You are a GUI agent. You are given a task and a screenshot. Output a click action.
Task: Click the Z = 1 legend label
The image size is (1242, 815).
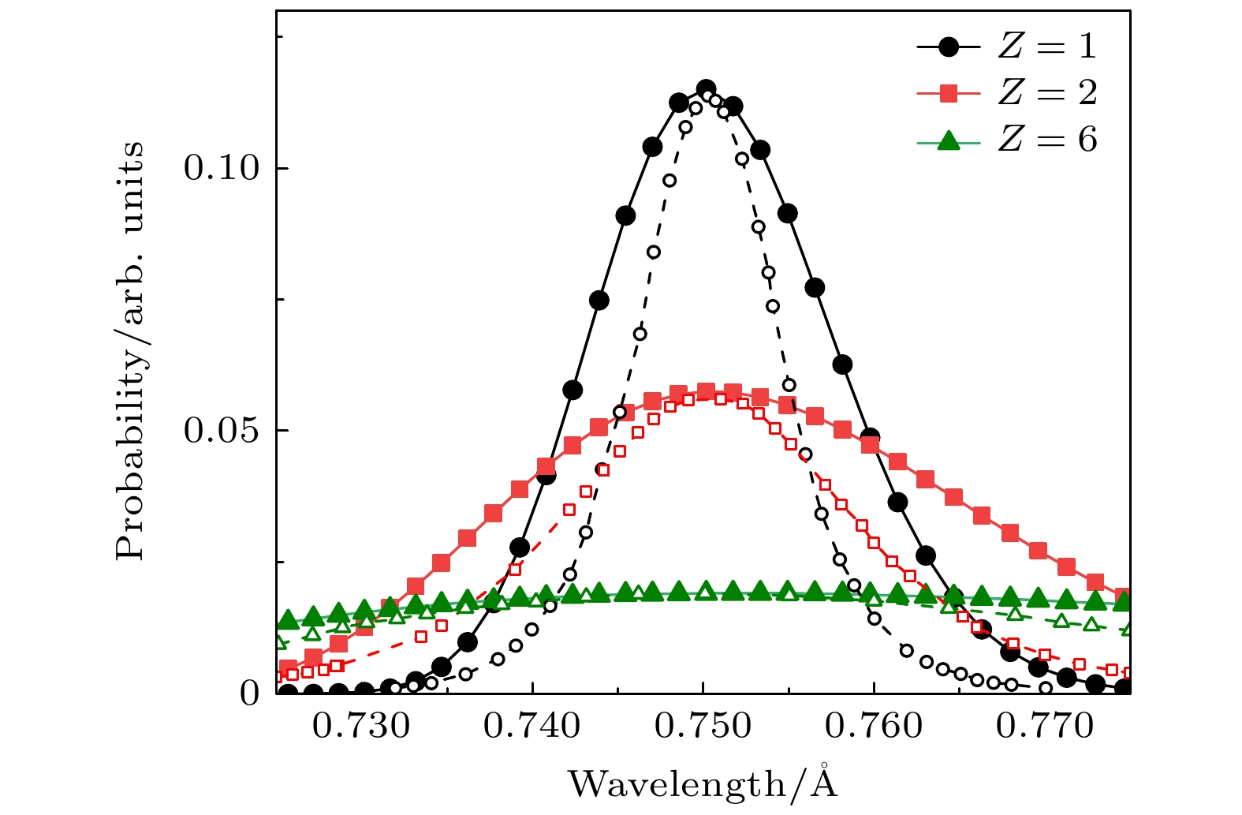tap(1046, 47)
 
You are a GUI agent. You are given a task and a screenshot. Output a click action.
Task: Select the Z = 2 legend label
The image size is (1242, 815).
tap(1046, 94)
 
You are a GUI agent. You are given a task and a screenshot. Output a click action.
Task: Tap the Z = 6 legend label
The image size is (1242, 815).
tap(1046, 140)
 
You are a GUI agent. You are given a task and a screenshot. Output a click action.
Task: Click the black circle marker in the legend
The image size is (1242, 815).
tap(949, 47)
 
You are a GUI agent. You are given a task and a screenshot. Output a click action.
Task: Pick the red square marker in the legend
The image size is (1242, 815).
tap(949, 94)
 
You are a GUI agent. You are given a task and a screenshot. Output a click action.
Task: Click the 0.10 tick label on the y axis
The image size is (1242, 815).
tap(222, 168)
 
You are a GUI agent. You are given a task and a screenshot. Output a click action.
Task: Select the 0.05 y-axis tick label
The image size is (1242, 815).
tap(222, 431)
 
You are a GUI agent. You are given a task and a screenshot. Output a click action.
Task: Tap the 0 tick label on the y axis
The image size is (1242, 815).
tap(250, 693)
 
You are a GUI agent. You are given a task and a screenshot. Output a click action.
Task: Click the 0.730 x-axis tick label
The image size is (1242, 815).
tap(362, 727)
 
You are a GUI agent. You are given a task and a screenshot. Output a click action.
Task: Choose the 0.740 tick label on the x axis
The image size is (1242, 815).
tap(532, 727)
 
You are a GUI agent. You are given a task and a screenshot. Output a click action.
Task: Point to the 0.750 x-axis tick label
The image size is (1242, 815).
tap(703, 727)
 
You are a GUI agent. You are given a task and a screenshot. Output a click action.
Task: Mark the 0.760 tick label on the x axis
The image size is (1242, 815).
tap(874, 727)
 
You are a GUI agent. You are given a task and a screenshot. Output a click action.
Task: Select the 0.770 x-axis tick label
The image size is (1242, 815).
tap(1045, 727)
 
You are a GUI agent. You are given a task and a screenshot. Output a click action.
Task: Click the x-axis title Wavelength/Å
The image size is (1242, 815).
tap(703, 783)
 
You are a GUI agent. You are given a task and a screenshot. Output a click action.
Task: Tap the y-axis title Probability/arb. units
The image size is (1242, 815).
tap(131, 351)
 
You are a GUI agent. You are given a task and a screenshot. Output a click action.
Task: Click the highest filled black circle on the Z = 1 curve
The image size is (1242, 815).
tap(706, 88)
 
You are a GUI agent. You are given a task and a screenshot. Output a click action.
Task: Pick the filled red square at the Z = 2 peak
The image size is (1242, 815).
tap(706, 392)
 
